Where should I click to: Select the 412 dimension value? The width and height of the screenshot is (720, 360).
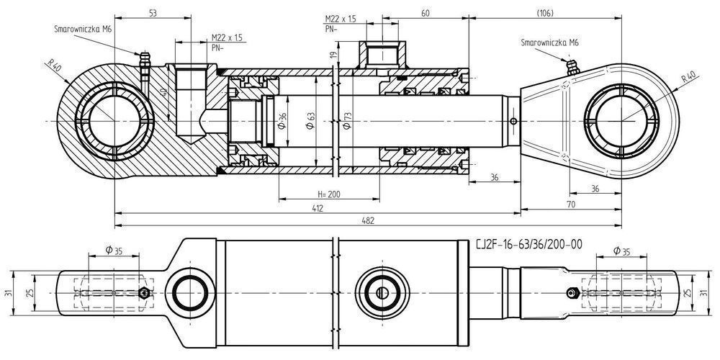click(x=318, y=208)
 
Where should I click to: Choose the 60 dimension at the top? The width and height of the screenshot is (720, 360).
click(x=425, y=14)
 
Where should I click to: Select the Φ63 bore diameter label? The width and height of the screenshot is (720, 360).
click(x=310, y=122)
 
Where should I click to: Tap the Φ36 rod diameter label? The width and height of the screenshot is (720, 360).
click(x=282, y=122)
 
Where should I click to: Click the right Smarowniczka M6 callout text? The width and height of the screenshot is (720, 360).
click(x=549, y=42)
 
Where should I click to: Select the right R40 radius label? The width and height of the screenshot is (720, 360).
click(x=685, y=78)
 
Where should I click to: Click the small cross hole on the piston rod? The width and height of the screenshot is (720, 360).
click(x=512, y=120)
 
